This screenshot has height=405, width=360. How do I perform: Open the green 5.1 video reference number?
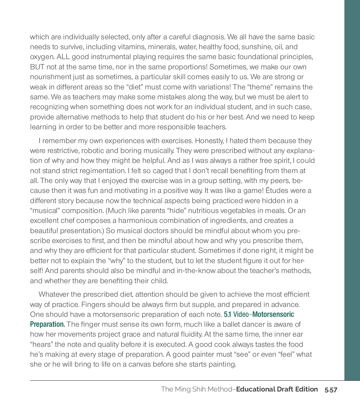(227, 314)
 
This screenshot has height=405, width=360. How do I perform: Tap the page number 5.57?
(331, 390)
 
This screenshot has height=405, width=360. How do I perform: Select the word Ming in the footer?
(183, 389)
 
